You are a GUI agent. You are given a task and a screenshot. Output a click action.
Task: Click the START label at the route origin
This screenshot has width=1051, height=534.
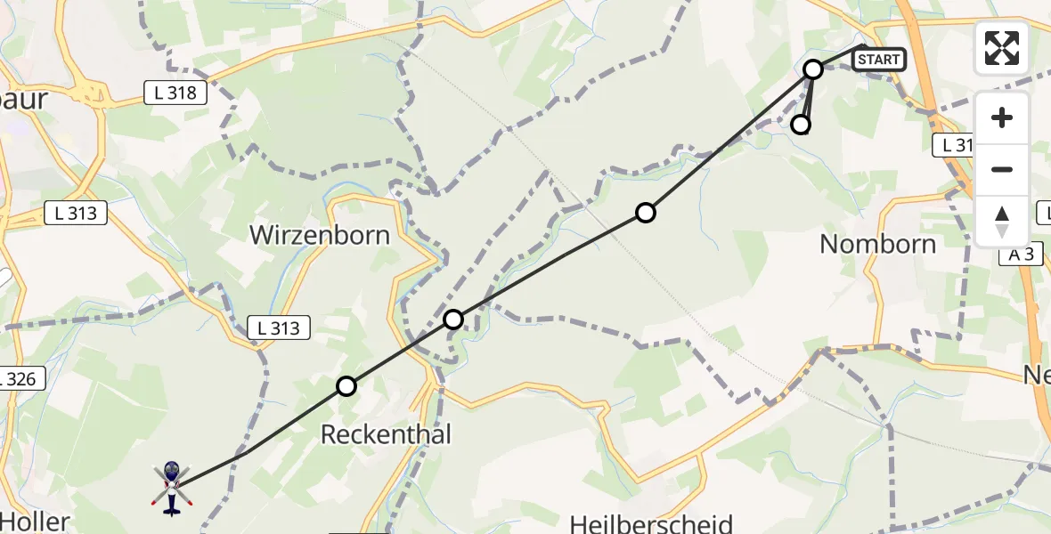point(879,60)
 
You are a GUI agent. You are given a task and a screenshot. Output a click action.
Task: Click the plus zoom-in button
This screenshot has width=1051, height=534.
point(1002,118)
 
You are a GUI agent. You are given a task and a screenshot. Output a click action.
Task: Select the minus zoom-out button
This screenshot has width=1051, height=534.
point(1002,169)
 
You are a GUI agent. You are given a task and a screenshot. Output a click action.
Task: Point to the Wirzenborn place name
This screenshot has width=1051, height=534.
point(320,235)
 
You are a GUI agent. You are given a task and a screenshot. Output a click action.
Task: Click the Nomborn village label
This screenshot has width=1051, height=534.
point(877,244)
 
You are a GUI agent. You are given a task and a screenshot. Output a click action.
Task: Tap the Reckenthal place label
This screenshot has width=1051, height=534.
point(386,434)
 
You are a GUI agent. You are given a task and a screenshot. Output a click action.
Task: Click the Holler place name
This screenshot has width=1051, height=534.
point(36,521)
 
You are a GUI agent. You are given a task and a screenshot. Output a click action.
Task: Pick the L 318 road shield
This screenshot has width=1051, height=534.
point(176,92)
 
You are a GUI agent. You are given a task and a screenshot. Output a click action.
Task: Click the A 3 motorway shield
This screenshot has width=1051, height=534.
point(1020,255)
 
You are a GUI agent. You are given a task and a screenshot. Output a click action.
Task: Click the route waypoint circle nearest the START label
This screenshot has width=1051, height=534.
point(813,69)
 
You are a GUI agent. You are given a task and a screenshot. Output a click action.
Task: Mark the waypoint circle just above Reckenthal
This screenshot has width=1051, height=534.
point(346,386)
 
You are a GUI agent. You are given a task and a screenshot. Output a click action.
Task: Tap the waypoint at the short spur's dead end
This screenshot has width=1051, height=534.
point(802,125)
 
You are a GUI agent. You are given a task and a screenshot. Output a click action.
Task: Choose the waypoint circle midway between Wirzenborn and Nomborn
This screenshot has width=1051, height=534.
point(646,213)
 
